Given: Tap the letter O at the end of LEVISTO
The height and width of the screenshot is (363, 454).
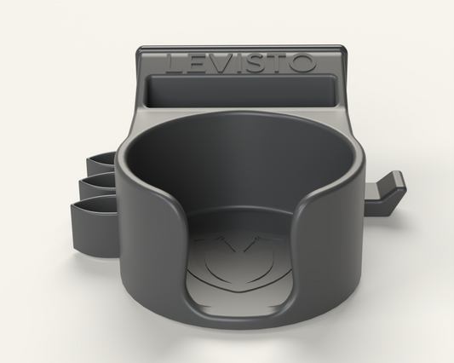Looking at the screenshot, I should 304,63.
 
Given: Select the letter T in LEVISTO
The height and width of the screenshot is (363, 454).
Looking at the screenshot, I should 279,63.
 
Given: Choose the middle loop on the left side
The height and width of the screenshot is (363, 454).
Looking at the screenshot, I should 97,182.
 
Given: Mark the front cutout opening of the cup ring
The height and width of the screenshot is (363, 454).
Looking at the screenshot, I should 235,247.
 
